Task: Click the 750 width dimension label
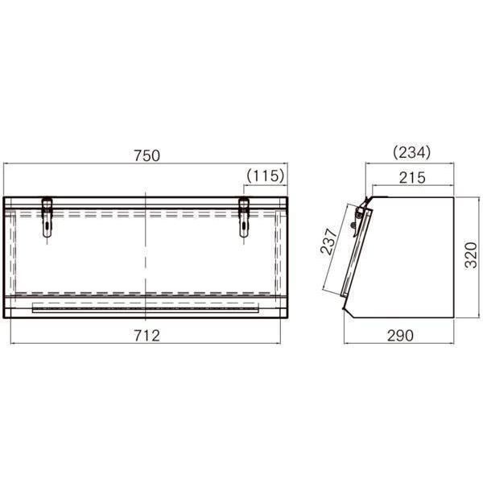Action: point(147,155)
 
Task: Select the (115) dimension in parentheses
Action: point(265,175)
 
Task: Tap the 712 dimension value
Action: point(147,336)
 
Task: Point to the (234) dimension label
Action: point(411,152)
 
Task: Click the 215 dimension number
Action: point(412,178)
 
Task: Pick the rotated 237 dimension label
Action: point(329,241)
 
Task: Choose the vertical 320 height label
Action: point(471,255)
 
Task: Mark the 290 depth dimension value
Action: point(400,336)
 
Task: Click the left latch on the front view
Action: point(47,217)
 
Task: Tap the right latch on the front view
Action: point(244,217)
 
